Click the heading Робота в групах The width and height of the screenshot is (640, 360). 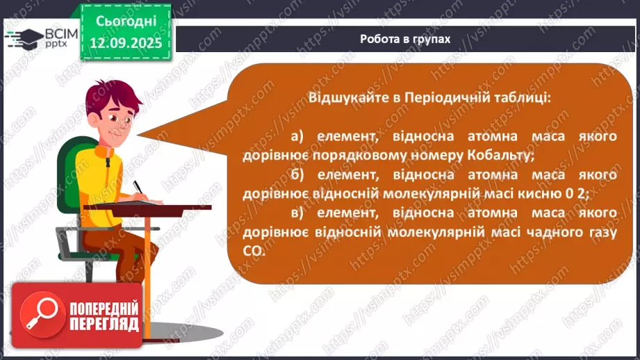point(405,39)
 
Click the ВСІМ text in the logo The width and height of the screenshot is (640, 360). point(60,33)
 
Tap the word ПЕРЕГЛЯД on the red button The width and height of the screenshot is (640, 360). point(104,325)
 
